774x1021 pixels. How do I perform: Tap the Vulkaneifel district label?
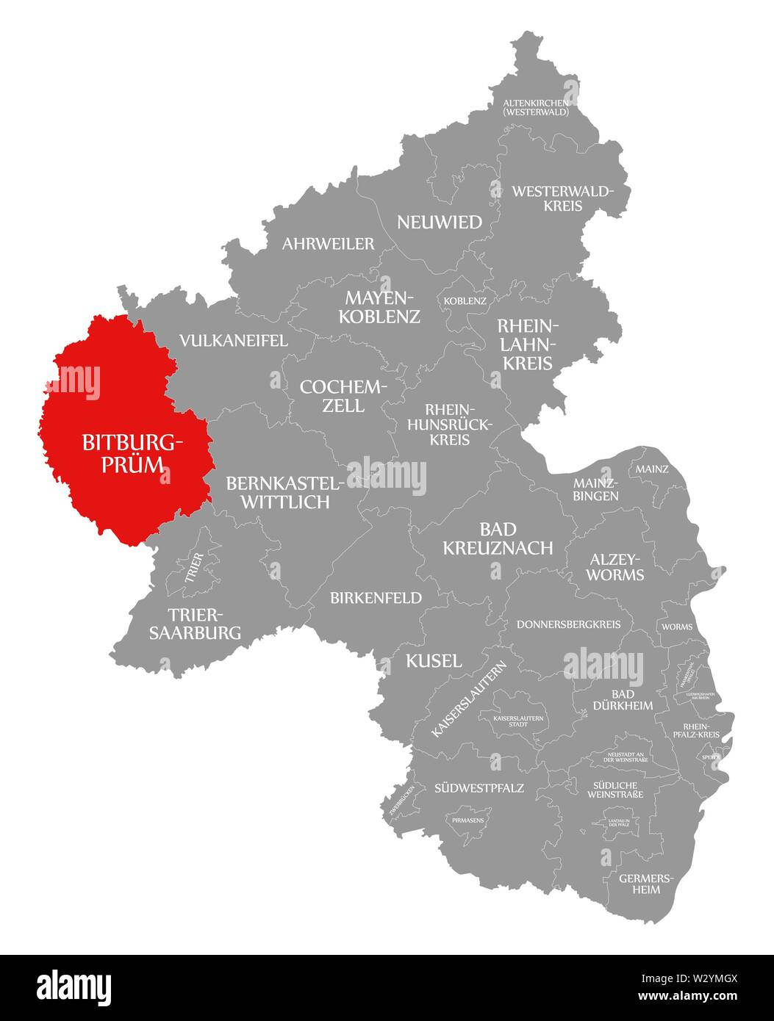234,341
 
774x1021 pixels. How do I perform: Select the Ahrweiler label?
328,244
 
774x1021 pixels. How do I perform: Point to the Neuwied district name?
440,222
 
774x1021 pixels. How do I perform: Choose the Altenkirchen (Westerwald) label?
536,107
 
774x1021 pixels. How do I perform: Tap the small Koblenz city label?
465,301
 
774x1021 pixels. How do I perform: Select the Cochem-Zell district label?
343,396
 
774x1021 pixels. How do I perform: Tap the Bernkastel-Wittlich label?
284,492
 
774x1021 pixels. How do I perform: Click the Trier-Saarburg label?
195,623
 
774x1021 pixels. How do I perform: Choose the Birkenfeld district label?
376,598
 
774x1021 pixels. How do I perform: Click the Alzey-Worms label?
614,566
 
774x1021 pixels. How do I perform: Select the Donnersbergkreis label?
569,624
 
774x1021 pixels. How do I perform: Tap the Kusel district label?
434,660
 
